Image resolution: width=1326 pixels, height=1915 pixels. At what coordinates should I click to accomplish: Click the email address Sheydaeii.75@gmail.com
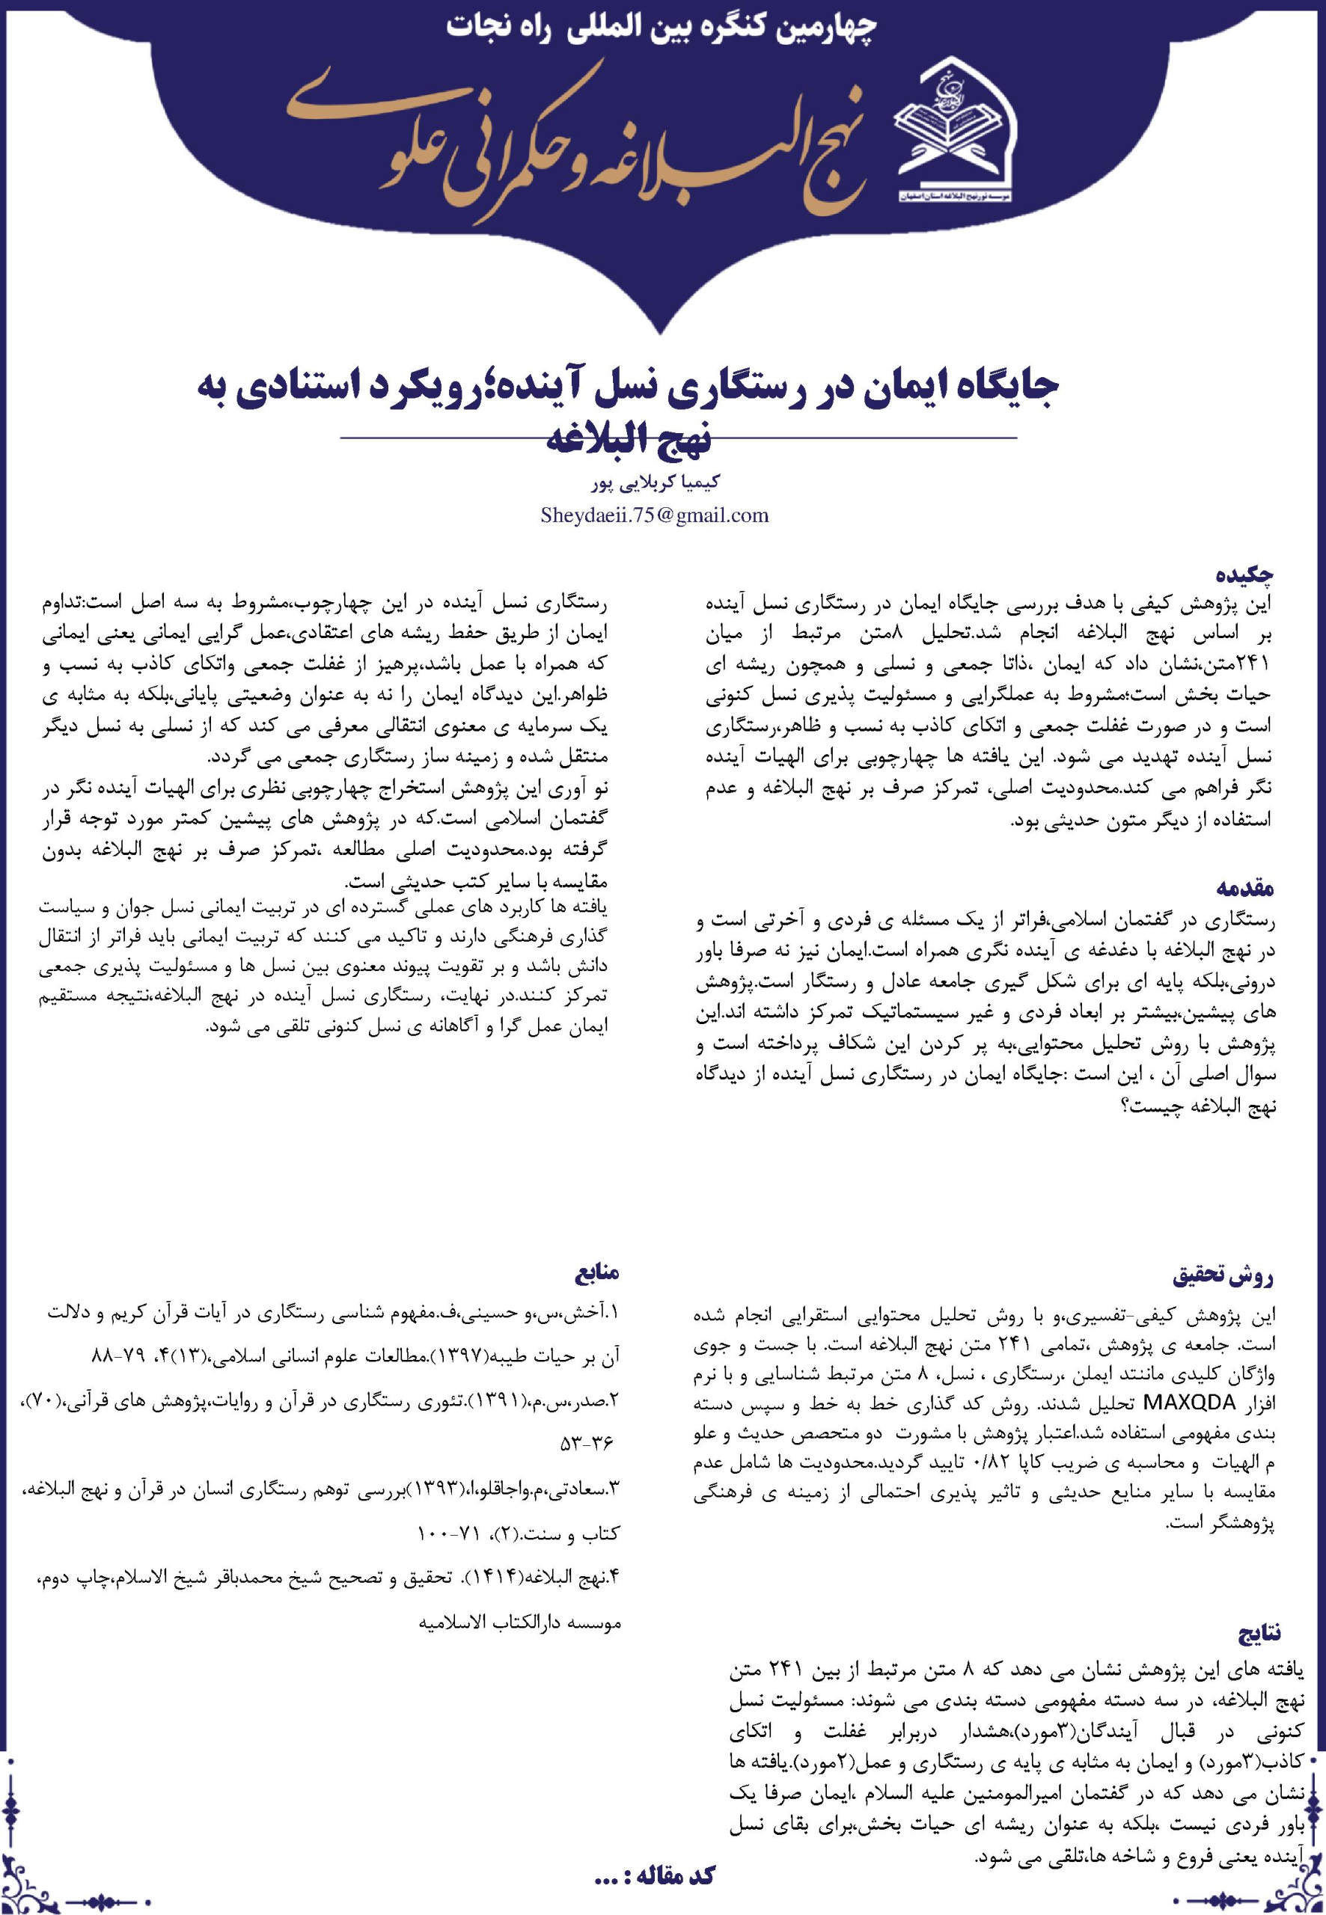pos(654,515)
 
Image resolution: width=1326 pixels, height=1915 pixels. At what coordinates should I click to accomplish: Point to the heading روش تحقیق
pos(1223,1275)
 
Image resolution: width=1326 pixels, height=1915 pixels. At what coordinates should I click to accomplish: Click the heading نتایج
pos(1259,1634)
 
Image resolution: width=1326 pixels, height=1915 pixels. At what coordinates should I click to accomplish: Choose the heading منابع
pos(596,1272)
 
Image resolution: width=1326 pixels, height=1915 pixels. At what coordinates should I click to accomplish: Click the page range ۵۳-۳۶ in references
pos(586,1443)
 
